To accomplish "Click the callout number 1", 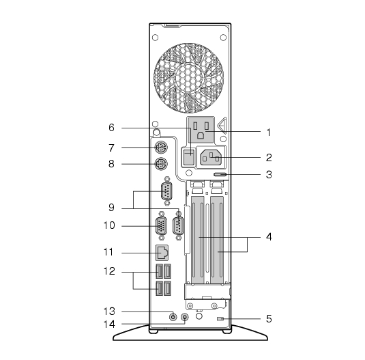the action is pos(269,133).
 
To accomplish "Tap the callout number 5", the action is pos(269,318).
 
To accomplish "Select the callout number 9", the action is pos(111,207).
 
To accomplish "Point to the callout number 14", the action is pos(109,324).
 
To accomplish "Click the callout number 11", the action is pos(108,252).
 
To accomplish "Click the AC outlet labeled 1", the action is pos(201,130).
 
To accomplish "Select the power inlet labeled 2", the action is pos(211,157).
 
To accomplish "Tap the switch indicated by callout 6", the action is pos(188,157).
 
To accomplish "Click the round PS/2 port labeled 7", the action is pos(161,148).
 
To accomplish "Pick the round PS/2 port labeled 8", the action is pos(161,164).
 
